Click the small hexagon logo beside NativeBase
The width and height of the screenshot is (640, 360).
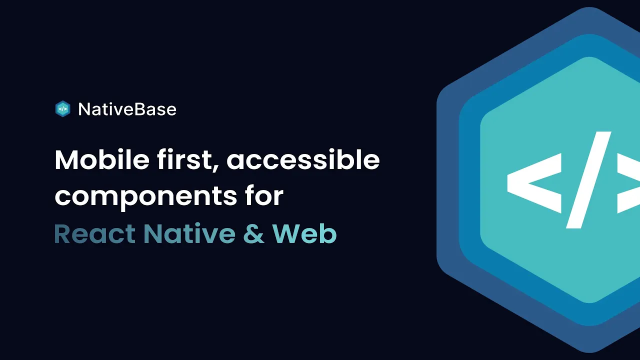pos(62,109)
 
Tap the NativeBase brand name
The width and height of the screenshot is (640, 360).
pos(127,109)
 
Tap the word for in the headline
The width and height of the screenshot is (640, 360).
pos(264,196)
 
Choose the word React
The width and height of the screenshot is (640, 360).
pos(94,234)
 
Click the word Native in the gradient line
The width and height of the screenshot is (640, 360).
pos(189,234)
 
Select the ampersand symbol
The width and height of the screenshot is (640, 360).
pos(254,234)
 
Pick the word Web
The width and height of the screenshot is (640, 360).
pos(304,234)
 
